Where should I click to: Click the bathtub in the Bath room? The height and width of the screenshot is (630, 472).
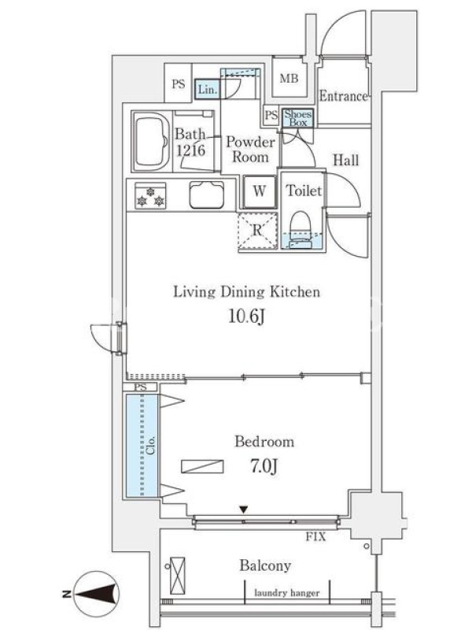tap(150, 141)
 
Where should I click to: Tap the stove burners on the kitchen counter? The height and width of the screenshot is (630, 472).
tap(150, 195)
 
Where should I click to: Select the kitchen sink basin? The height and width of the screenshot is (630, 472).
tap(207, 195)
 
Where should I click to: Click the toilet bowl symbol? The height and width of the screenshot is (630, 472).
tap(301, 230)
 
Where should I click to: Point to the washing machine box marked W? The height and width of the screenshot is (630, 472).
tap(260, 191)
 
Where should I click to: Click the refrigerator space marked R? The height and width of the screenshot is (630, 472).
tap(257, 231)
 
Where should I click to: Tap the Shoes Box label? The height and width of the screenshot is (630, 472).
tap(298, 119)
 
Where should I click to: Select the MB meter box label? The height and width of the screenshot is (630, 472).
tap(289, 78)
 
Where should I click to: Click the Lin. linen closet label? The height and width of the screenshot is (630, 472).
tap(208, 90)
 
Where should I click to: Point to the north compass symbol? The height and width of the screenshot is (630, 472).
tap(96, 594)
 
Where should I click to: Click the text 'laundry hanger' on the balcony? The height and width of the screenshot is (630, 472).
tap(287, 593)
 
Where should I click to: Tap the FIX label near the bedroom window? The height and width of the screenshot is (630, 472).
tap(316, 536)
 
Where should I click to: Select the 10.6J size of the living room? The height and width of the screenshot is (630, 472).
tap(246, 317)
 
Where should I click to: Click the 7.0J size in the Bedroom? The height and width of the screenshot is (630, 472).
tap(264, 466)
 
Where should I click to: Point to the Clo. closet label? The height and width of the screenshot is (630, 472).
tap(150, 445)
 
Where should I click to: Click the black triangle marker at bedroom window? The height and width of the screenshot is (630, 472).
tap(244, 510)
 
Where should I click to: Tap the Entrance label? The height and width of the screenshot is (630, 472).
tap(343, 96)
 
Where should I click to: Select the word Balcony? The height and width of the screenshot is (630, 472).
tap(265, 565)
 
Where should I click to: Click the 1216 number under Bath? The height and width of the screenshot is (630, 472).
tap(191, 150)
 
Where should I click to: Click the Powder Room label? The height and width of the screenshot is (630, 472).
tap(250, 150)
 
